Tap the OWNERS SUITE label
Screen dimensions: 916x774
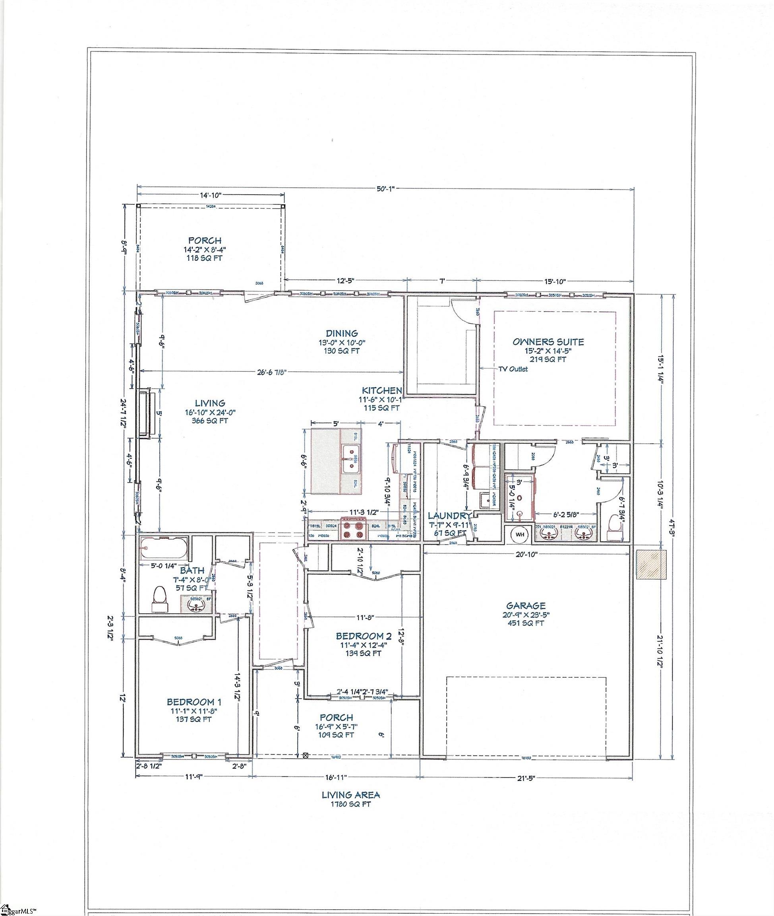548,342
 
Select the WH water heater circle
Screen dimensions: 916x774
520,534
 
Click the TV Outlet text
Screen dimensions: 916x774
513,369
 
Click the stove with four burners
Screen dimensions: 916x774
354,528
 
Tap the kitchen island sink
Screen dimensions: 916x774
350,459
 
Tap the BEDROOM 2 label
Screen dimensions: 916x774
363,636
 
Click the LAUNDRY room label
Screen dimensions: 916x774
449,516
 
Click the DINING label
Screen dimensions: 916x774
341,333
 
